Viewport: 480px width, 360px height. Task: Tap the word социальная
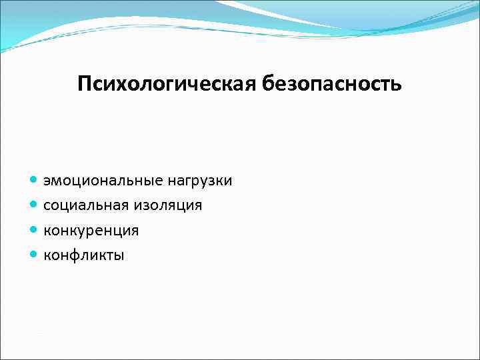83,205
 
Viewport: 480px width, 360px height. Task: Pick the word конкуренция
91,231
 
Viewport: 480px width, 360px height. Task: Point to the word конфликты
83,255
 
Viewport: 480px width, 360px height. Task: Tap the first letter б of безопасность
270,83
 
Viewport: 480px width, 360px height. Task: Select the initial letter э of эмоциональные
47,181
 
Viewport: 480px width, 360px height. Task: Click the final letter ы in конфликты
119,255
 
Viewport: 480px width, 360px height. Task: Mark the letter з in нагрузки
212,181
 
